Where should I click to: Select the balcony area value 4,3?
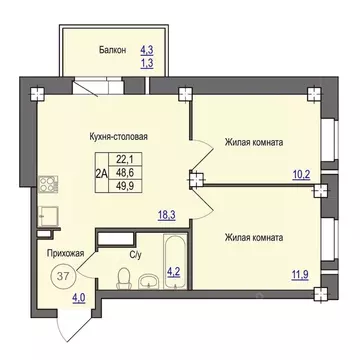tap(147, 49)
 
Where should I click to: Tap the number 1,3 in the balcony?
tap(147, 63)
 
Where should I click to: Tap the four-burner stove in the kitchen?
tap(46, 183)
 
